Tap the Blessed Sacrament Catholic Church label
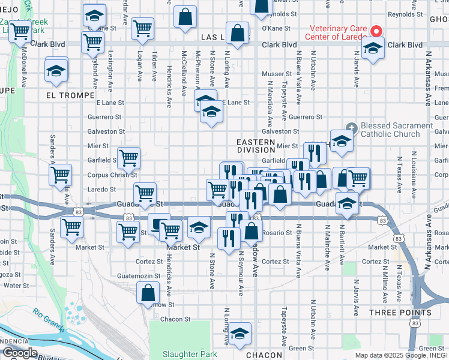tap(396, 130)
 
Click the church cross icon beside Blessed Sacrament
tap(352, 127)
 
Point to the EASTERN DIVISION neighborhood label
tap(256, 146)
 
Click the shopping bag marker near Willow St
tap(148, 294)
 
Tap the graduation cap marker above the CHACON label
tap(240, 334)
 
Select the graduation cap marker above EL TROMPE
tap(56, 71)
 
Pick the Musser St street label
tap(276, 74)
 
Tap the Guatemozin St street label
tap(139, 276)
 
